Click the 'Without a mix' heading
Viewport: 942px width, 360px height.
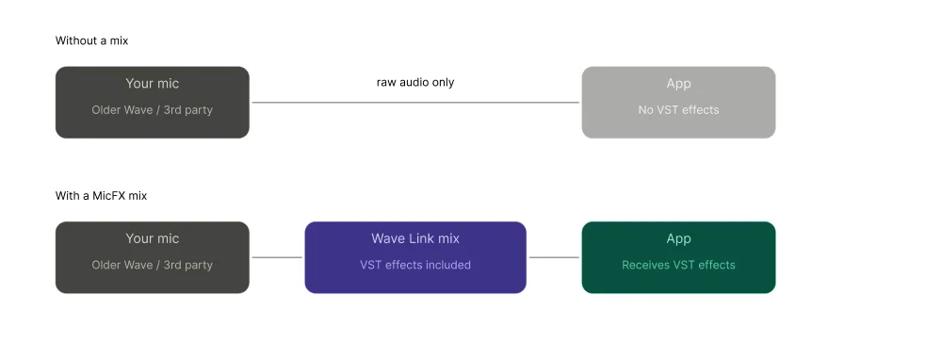(91, 41)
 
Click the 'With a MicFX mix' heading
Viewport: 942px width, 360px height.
(101, 196)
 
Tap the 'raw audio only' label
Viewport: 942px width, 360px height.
(415, 83)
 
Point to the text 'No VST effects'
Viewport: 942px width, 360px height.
(678, 110)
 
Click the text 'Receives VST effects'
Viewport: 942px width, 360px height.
(678, 266)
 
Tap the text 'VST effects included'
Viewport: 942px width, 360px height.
(415, 266)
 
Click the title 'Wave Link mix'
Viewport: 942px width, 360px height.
(415, 239)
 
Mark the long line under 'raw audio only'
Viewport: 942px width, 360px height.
(415, 103)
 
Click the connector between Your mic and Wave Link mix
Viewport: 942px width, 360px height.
(277, 257)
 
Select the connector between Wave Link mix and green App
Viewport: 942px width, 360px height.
(554, 257)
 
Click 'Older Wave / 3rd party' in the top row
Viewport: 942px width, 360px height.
(152, 110)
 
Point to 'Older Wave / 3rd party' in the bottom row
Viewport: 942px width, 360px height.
(152, 266)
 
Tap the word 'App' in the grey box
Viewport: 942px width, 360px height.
(678, 84)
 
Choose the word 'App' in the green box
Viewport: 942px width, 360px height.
(678, 239)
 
